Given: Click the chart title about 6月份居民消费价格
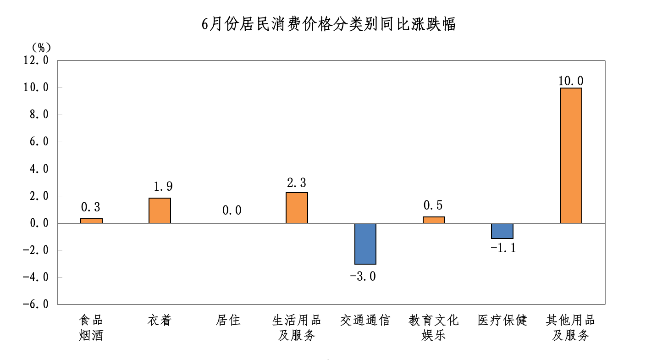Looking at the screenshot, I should (x=328, y=24).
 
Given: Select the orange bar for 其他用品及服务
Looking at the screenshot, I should (x=570, y=155).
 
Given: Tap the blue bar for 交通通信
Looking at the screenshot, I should (x=365, y=244).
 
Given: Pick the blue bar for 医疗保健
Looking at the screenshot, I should (x=502, y=231).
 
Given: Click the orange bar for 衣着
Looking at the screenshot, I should (x=160, y=210).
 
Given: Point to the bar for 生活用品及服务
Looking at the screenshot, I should (x=297, y=208).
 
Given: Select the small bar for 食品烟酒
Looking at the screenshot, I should (x=91, y=221).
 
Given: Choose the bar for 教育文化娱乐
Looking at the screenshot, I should (x=434, y=220).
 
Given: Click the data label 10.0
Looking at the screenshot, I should (x=570, y=81).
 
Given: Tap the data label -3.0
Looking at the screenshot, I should (x=363, y=277).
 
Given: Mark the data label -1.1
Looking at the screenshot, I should (x=503, y=249).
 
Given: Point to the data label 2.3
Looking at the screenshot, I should (x=296, y=183).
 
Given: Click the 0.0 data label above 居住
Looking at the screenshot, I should (x=232, y=210).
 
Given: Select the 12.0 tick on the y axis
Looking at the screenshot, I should (x=36, y=60).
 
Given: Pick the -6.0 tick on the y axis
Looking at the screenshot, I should (x=36, y=304).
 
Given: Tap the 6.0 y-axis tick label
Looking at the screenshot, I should (x=39, y=142).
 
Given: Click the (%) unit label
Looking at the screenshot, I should (x=41, y=47).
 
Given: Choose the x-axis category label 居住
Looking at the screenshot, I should (x=228, y=320).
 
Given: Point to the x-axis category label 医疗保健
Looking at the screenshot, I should (x=502, y=320).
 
